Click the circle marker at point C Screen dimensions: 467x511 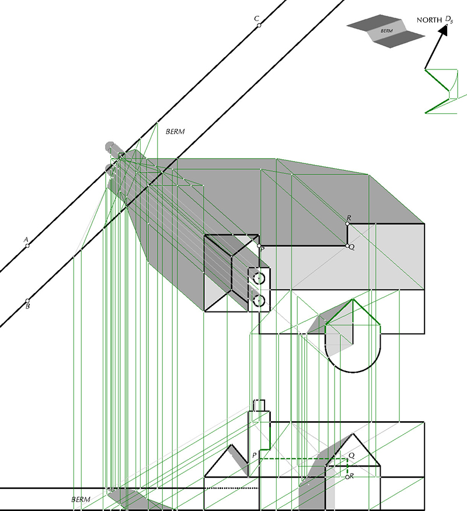(259, 25)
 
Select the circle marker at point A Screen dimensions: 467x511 (27, 246)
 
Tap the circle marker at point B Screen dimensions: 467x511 (27, 301)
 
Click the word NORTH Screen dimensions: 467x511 (429, 20)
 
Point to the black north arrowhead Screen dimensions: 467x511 (443, 30)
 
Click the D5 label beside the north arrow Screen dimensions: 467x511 (449, 20)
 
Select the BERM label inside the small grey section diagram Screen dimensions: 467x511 (386, 31)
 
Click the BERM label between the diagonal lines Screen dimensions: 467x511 (175, 132)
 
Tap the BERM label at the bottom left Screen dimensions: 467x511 (81, 499)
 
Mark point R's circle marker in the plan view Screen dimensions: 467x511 (347, 223)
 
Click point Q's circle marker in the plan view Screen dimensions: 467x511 (347, 246)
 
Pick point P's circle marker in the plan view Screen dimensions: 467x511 (259, 246)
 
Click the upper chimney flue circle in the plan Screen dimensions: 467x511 (259, 278)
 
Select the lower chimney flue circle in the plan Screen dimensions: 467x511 (259, 301)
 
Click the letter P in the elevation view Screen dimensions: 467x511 (255, 455)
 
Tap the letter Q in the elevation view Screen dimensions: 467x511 (351, 455)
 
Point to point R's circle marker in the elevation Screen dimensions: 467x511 (347, 477)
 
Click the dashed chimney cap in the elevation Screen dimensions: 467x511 (259, 405)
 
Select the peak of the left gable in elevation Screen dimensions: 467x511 (232, 444)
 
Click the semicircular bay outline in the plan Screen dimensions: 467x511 (353, 372)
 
